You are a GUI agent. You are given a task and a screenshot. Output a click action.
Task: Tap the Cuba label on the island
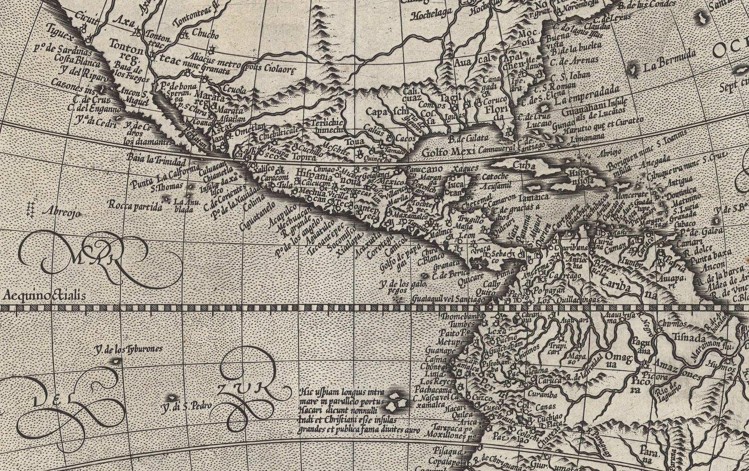(x=524, y=166)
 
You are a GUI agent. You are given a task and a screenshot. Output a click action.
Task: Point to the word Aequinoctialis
(x=44, y=295)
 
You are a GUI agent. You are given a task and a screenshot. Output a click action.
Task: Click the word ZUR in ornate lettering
(x=249, y=388)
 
